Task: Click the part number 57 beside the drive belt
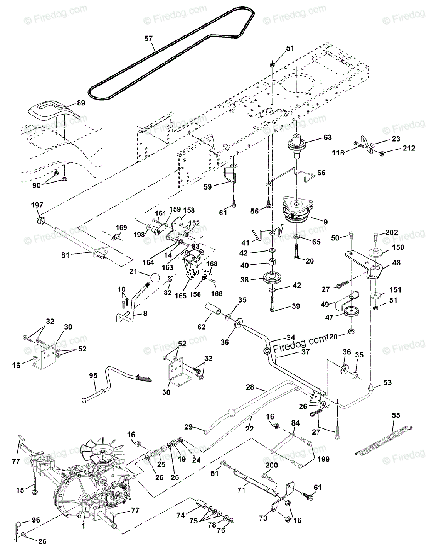[x=148, y=39]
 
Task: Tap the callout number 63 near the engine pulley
[x=328, y=138]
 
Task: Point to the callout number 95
[x=93, y=375]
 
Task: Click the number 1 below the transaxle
[x=83, y=526]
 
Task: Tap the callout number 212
[x=409, y=148]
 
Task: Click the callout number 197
[x=37, y=205]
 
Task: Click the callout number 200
[x=272, y=465]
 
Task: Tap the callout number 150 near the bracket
[x=398, y=247]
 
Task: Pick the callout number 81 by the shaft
[x=65, y=254]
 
